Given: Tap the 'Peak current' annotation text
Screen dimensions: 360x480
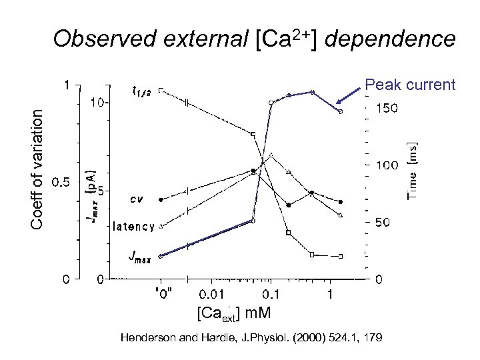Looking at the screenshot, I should click(x=409, y=85).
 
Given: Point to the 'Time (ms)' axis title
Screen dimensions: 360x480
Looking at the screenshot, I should click(x=413, y=170).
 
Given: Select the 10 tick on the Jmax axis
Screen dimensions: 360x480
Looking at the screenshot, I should click(x=98, y=103).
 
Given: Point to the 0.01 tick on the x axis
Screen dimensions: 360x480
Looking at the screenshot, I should click(x=215, y=294).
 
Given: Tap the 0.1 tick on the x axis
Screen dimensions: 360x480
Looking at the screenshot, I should click(x=270, y=294).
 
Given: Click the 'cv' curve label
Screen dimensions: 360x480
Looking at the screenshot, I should click(x=137, y=199).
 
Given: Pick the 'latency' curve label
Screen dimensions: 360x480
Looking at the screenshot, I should click(x=133, y=225).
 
